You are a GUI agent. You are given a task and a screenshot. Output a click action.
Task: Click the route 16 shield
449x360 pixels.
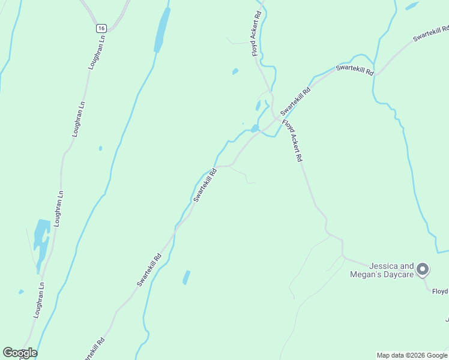[101, 28]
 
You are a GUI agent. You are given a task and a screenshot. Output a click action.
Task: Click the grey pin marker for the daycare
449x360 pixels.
[423, 269]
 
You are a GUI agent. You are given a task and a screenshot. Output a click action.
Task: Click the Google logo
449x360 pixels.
[20, 352]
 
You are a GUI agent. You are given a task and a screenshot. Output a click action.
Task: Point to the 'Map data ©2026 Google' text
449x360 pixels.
[412, 355]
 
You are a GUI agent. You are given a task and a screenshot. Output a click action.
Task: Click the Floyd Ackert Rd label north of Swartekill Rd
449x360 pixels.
[256, 34]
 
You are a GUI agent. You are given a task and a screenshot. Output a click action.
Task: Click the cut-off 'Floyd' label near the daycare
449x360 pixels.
[439, 292]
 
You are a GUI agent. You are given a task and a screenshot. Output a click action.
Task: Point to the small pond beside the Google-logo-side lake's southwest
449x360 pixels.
[21, 292]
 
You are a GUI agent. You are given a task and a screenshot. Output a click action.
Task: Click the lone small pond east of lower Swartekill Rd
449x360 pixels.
[186, 277]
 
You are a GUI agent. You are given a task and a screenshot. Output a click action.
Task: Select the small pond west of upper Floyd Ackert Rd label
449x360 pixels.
[235, 71]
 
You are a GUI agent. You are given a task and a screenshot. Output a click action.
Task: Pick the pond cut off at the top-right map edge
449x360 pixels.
[412, 6]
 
